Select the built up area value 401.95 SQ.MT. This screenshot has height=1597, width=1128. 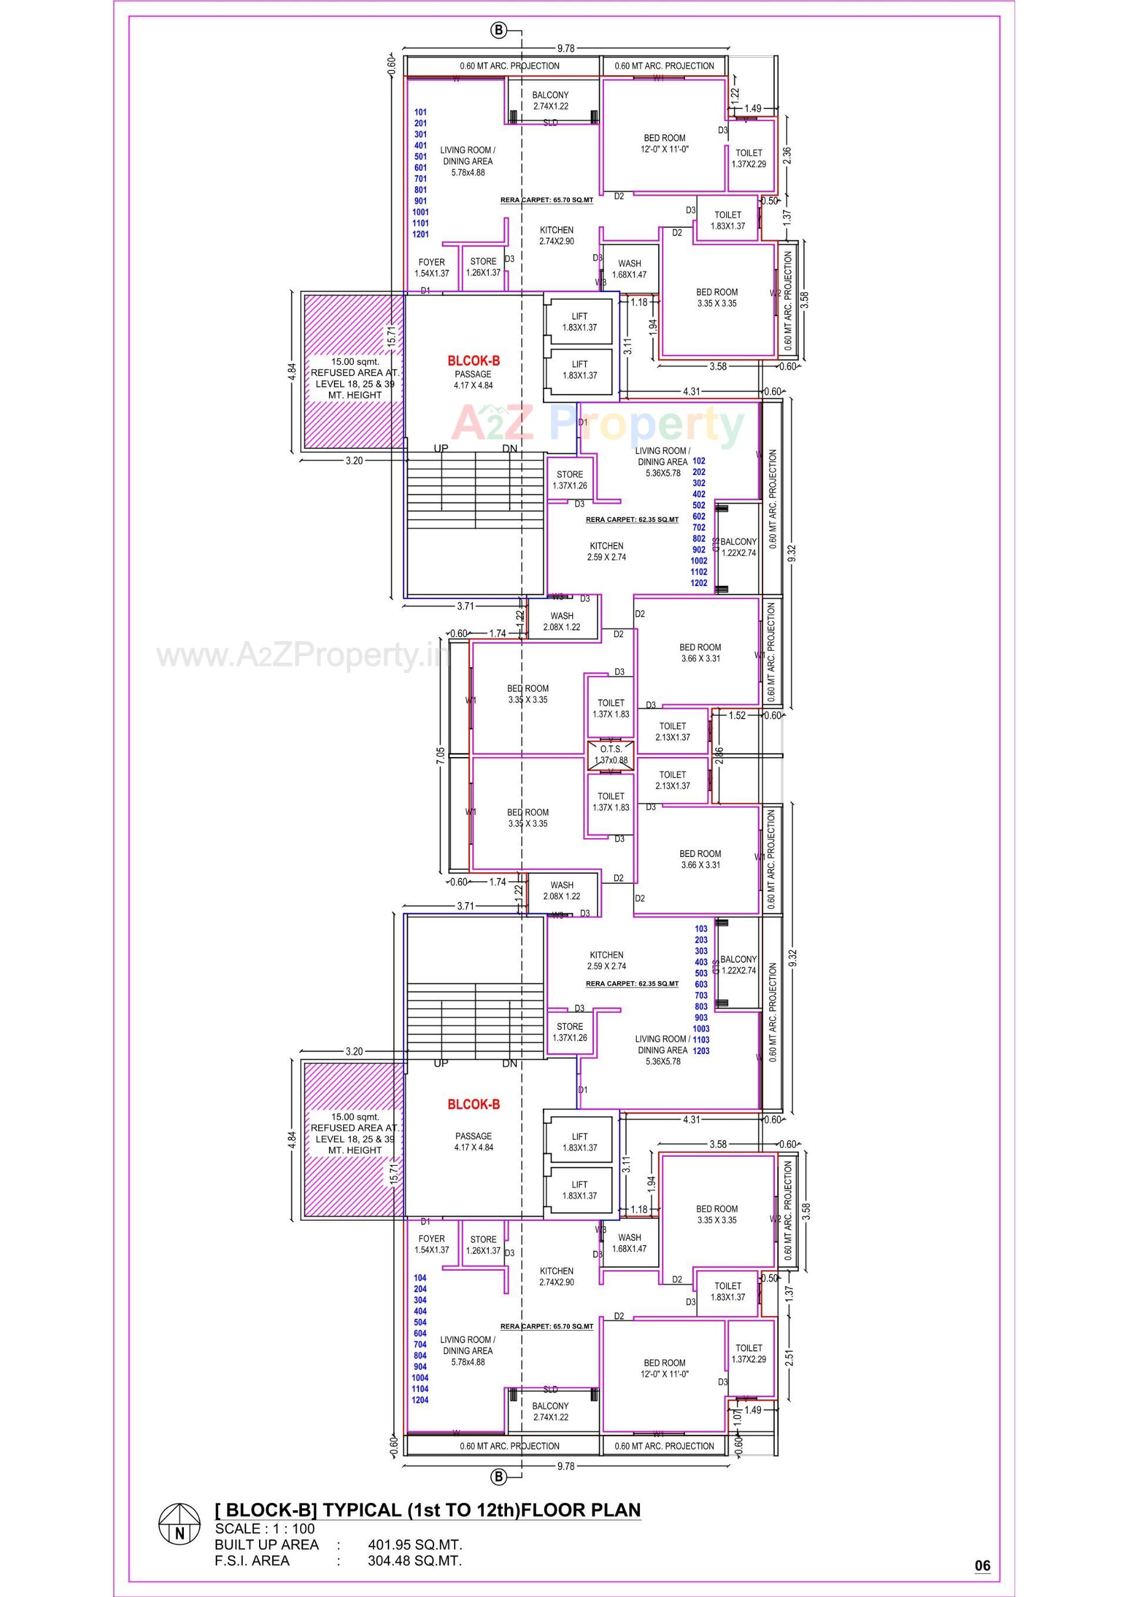tap(415, 1545)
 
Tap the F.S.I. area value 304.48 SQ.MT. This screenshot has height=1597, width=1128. tap(415, 1561)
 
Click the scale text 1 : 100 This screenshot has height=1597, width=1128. tap(295, 1529)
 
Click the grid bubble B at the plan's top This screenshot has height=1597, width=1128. tap(499, 30)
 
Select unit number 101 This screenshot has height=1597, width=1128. tap(420, 112)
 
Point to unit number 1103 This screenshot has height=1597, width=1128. tap(701, 1039)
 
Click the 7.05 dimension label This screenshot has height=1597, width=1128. tap(439, 755)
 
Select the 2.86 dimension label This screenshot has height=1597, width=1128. tap(719, 756)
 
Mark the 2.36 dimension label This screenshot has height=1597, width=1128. tap(787, 154)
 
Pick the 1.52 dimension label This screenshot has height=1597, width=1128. tap(737, 715)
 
